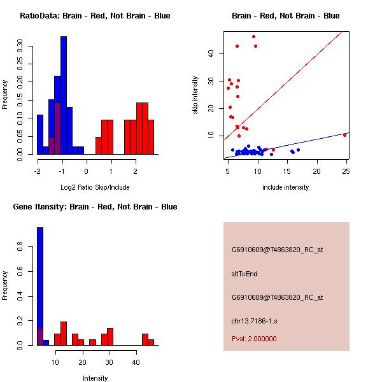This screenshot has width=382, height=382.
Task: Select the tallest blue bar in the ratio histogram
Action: pyautogui.click(x=64, y=95)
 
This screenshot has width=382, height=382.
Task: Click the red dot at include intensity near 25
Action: pyautogui.click(x=344, y=135)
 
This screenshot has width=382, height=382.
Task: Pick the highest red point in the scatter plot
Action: pyautogui.click(x=253, y=36)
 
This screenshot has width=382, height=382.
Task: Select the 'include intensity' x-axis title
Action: pyautogui.click(x=286, y=187)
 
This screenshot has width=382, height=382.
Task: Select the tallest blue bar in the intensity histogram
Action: pyautogui.click(x=40, y=286)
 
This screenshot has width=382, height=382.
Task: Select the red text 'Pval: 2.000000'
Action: pyautogui.click(x=254, y=339)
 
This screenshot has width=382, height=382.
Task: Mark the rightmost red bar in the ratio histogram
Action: pyautogui.click(x=151, y=137)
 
